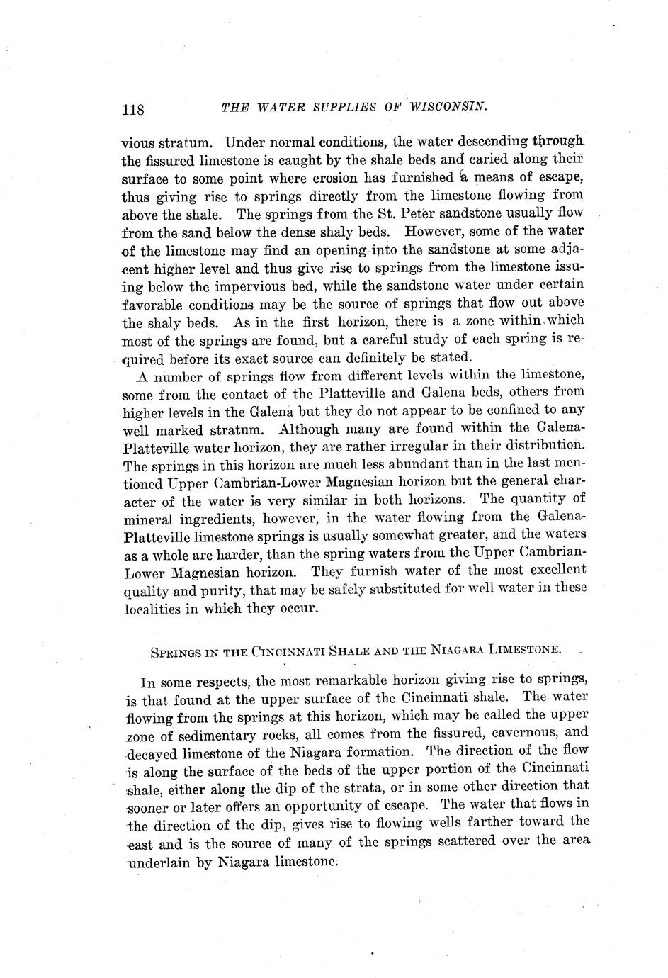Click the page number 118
[133, 110]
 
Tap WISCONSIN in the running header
[453, 107]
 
